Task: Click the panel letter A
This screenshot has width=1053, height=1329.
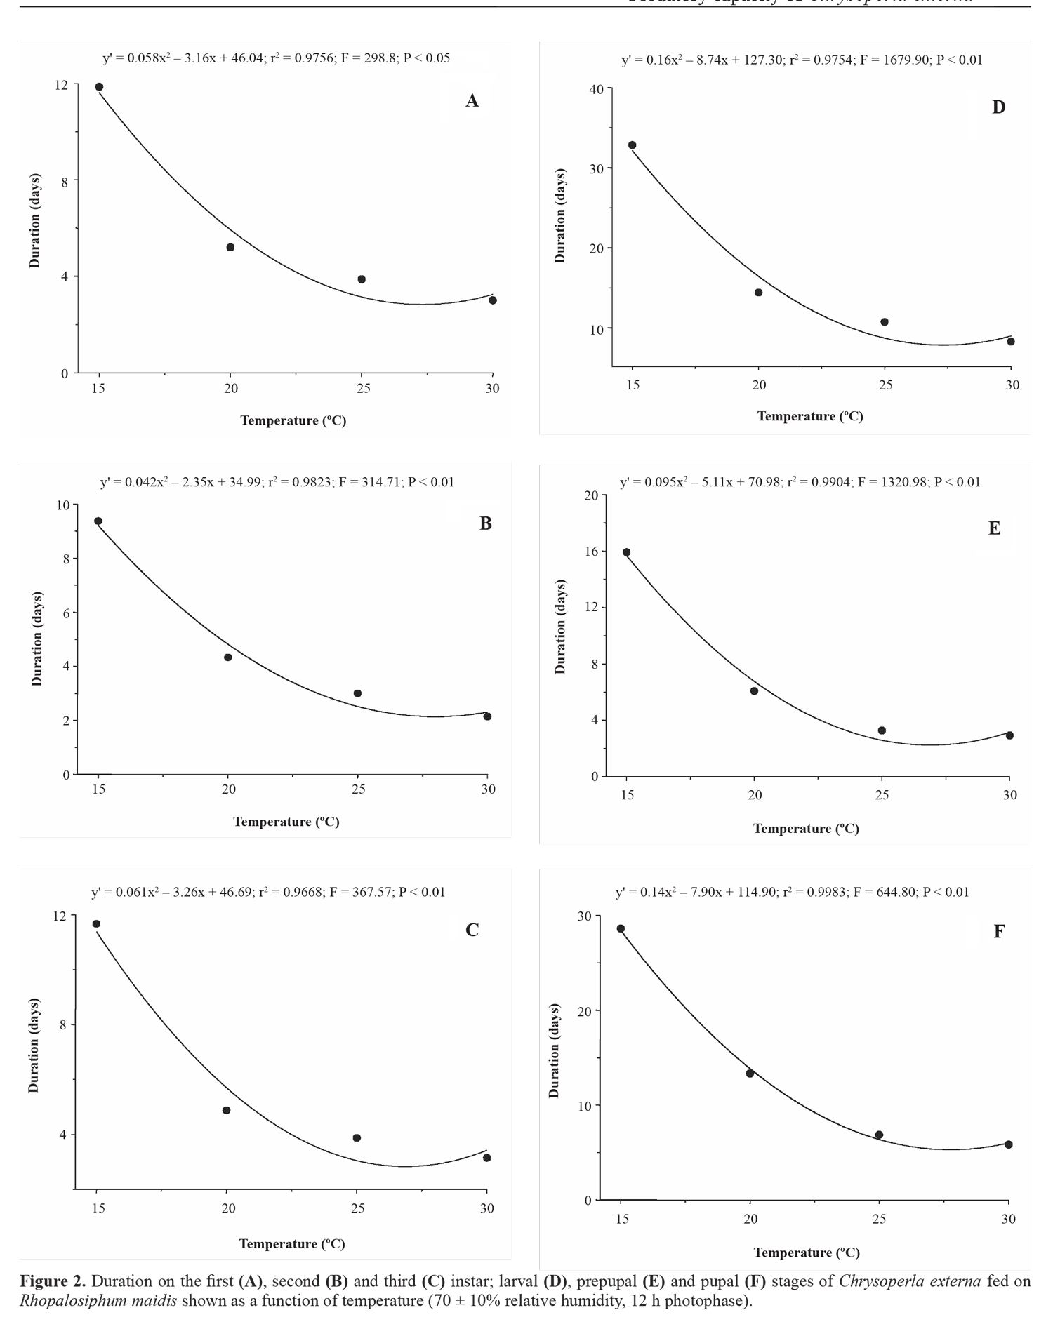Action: tap(472, 101)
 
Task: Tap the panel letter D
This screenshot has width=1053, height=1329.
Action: tap(998, 107)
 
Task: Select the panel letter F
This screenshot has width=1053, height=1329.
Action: tap(999, 931)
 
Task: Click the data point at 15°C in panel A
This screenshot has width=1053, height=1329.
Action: tap(99, 87)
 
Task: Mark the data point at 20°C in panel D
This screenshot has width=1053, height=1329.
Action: tap(758, 293)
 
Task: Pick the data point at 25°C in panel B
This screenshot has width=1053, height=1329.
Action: tap(357, 693)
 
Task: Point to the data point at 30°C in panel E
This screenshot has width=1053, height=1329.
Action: tap(1009, 735)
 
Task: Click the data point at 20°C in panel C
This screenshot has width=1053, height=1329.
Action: tap(226, 1110)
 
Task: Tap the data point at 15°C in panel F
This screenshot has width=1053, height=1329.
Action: tap(621, 928)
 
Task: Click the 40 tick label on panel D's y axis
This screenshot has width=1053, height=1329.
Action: tap(597, 89)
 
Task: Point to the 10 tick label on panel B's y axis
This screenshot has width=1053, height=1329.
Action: tap(63, 505)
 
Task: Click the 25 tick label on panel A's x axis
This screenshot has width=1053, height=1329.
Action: tap(362, 388)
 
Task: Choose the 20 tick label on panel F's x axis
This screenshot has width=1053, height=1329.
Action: tap(750, 1219)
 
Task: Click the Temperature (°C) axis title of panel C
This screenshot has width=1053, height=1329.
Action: tap(292, 1243)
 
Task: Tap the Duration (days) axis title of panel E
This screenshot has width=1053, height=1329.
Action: tap(560, 627)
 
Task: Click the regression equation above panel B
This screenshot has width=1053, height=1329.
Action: tap(277, 482)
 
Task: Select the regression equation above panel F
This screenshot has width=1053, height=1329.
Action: tap(792, 892)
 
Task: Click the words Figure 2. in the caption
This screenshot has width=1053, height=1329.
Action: tap(53, 1281)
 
